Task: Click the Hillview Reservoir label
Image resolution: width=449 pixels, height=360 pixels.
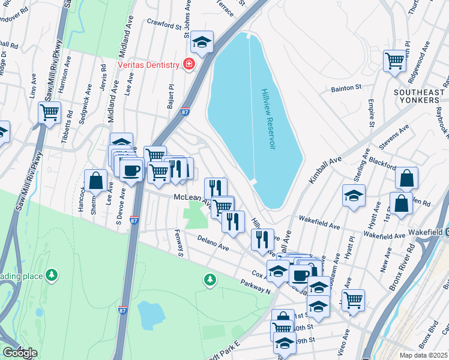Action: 267,119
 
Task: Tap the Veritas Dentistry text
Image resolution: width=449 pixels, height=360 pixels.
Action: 148,65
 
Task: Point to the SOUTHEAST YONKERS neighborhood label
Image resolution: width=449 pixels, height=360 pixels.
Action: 420,96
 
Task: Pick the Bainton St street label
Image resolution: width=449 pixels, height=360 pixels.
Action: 346,88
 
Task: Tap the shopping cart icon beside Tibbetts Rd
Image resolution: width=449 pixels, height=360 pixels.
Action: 49,112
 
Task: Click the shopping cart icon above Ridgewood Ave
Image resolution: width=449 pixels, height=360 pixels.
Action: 394,60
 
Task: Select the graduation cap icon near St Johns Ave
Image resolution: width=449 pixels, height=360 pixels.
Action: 203,41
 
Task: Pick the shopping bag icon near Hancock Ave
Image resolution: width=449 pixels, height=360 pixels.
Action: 95,179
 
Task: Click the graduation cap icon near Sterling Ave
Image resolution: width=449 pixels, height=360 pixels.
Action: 354,195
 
